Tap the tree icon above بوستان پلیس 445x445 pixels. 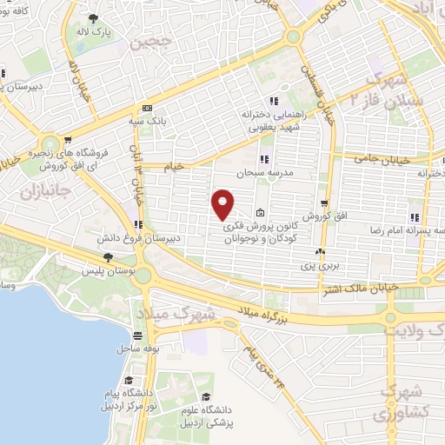pyautogui.click(x=108, y=257)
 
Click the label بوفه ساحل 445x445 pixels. pyautogui.click(x=137, y=349)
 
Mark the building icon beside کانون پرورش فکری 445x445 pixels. pyautogui.click(x=262, y=213)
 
